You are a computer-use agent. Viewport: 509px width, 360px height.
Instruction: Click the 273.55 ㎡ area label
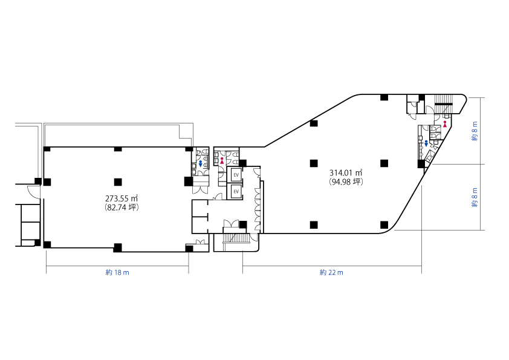tap(122, 198)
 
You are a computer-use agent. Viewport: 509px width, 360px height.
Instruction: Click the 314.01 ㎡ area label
tap(346, 172)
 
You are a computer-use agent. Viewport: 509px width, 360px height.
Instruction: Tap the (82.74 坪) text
tap(122, 208)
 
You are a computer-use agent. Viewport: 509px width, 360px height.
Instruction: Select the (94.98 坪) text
tap(346, 182)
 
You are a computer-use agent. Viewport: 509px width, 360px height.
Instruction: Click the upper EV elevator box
tap(236, 175)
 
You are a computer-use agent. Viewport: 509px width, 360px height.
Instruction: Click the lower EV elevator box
tap(236, 192)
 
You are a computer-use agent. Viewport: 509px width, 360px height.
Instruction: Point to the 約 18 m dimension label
tap(117, 273)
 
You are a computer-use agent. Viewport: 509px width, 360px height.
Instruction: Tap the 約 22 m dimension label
tap(331, 273)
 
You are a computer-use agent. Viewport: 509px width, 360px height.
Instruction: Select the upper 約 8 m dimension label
tap(475, 131)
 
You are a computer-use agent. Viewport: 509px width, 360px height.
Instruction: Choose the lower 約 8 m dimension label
tap(475, 197)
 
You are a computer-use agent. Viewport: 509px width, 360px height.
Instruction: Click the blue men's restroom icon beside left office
tap(200, 164)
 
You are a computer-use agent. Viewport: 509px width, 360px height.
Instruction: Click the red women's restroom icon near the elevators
tap(222, 160)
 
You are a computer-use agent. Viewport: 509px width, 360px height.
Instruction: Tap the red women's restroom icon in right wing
tap(445, 124)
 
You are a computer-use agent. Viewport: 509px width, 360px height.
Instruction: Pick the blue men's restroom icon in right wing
tap(426, 143)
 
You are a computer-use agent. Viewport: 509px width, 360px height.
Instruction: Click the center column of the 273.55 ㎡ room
tap(118, 182)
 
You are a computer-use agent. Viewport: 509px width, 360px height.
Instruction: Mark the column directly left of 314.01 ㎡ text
tap(314, 163)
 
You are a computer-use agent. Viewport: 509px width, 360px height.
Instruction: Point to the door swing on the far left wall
tap(34, 191)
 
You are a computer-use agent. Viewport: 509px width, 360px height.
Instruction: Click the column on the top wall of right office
tap(384, 97)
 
